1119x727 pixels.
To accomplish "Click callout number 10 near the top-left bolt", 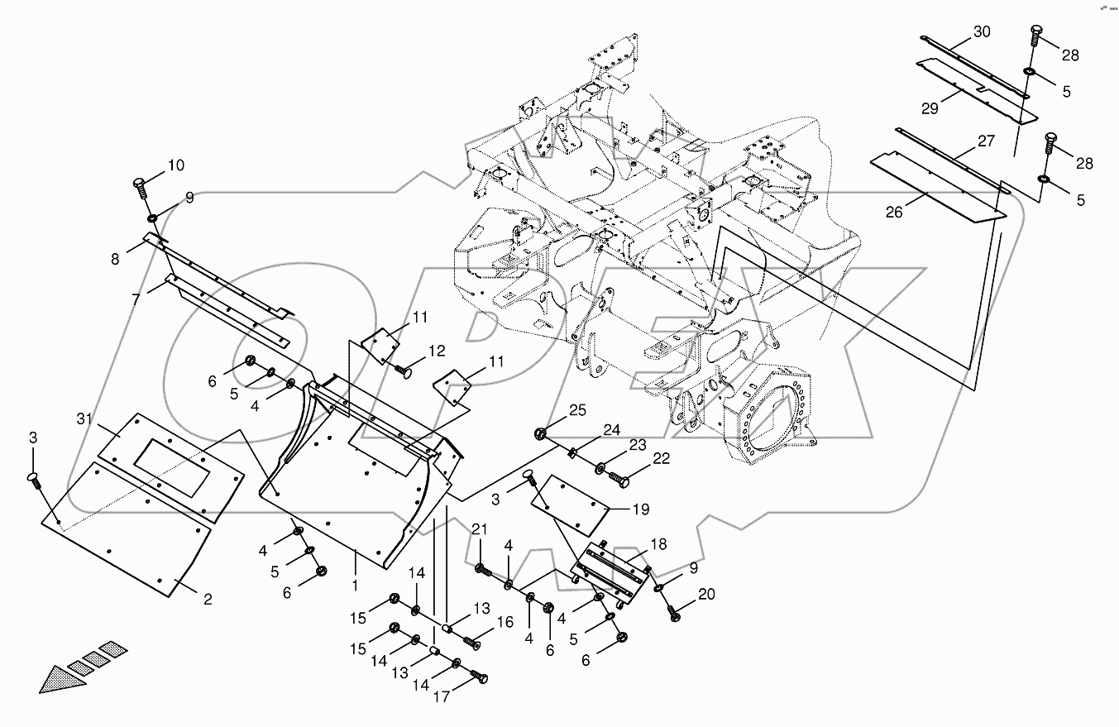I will [x=176, y=165].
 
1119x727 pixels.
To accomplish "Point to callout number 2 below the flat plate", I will [x=208, y=599].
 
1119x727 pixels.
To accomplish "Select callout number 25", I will [x=576, y=410].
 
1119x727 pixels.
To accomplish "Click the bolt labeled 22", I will [x=619, y=477].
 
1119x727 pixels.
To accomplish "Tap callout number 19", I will [x=640, y=509].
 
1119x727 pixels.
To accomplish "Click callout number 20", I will [x=706, y=594].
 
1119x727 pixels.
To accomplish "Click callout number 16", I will [x=505, y=622].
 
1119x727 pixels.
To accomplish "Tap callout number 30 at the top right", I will [x=981, y=31].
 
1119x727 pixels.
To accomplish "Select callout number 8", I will [x=115, y=259].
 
